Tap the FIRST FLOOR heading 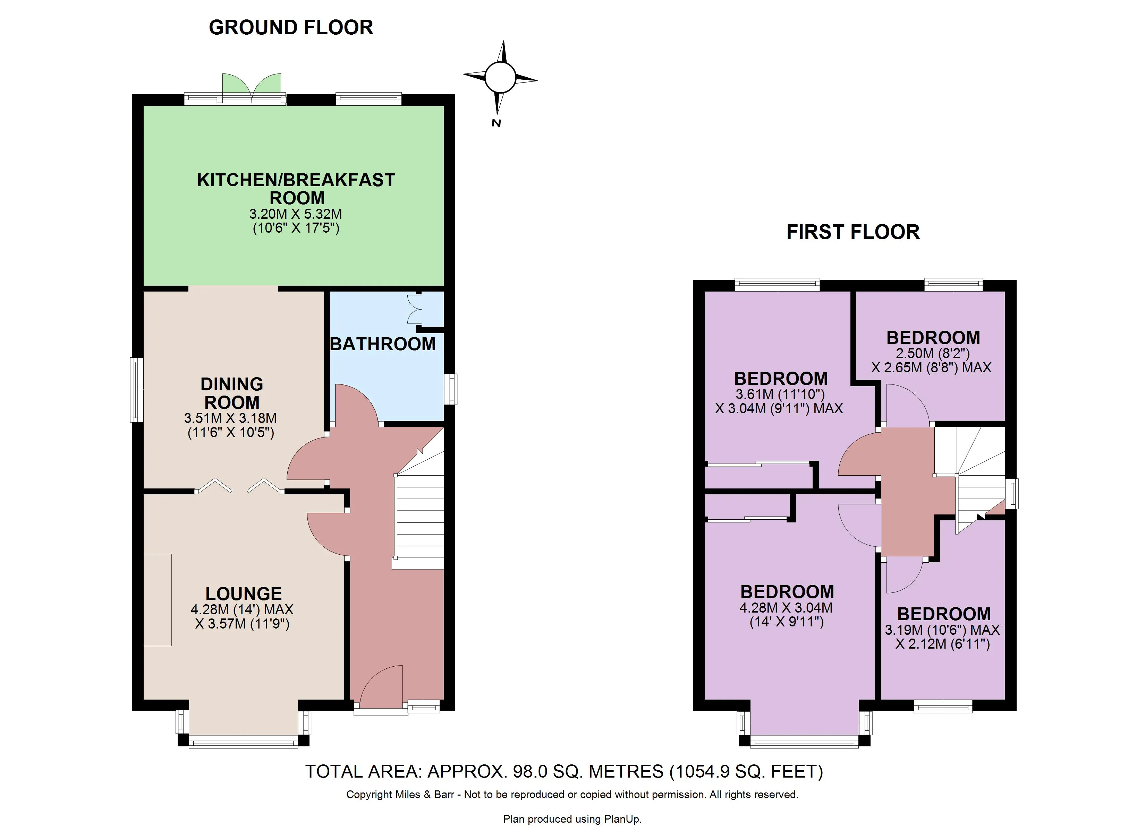pos(853,232)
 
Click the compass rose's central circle pos(500,78)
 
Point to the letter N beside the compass pos(496,123)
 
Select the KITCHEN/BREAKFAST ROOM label pos(296,189)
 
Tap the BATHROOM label pos(383,344)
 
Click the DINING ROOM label pos(232,393)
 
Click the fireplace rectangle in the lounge pos(158,600)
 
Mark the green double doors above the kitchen pos(252,85)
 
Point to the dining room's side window pos(135,390)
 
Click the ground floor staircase pos(419,520)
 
